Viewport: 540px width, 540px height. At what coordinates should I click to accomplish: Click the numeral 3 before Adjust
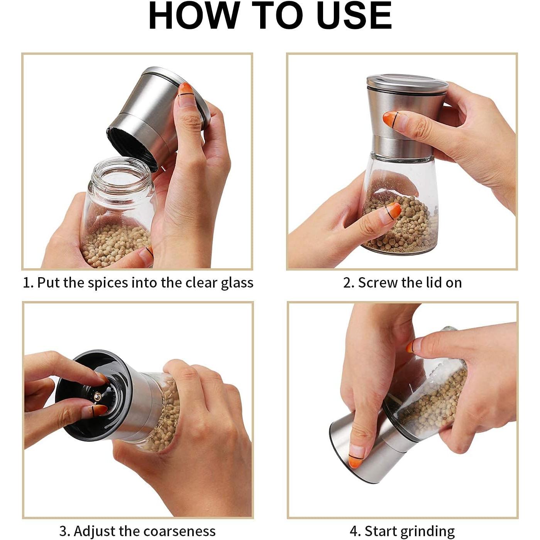tap(63, 523)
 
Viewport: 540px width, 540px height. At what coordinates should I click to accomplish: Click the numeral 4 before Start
tap(354, 523)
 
